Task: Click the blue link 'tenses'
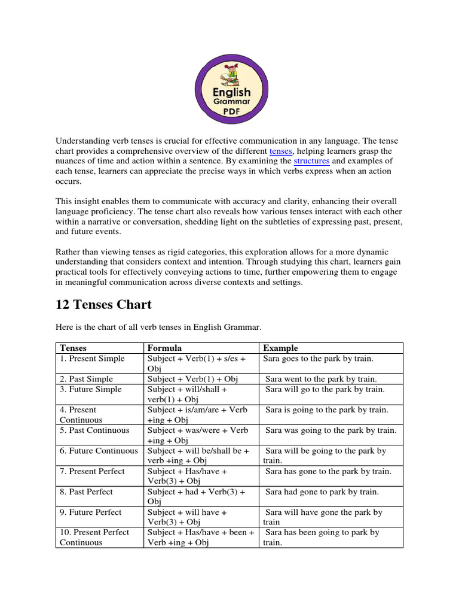pyautogui.click(x=281, y=151)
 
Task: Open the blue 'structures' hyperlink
pyautogui.click(x=311, y=161)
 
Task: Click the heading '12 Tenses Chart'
pyautogui.click(x=103, y=304)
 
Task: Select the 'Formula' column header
pyautogui.click(x=165, y=348)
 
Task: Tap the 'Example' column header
pyautogui.click(x=280, y=348)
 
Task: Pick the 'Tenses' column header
pyautogui.click(x=73, y=348)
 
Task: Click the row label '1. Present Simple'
pyautogui.click(x=92, y=359)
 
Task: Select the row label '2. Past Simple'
pyautogui.click(x=86, y=379)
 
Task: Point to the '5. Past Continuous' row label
pyautogui.click(x=94, y=430)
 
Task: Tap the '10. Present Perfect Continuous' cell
pyautogui.click(x=94, y=537)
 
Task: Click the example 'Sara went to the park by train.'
pyautogui.click(x=322, y=379)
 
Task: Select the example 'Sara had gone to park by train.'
pyautogui.click(x=322, y=491)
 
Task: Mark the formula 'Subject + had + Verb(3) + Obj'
pyautogui.click(x=197, y=496)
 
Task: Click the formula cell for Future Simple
pyautogui.click(x=187, y=394)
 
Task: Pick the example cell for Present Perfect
pyautogui.click(x=329, y=471)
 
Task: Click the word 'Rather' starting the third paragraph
pyautogui.click(x=68, y=252)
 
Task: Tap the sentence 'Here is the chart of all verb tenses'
pyautogui.click(x=158, y=327)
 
